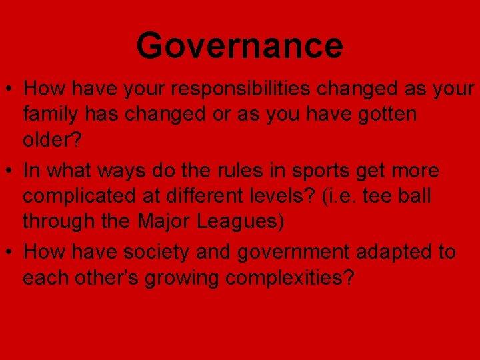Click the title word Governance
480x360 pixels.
pyautogui.click(x=239, y=45)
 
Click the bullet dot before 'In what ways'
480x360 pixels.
pyautogui.click(x=11, y=171)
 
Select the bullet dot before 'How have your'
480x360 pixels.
pyautogui.click(x=11, y=89)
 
